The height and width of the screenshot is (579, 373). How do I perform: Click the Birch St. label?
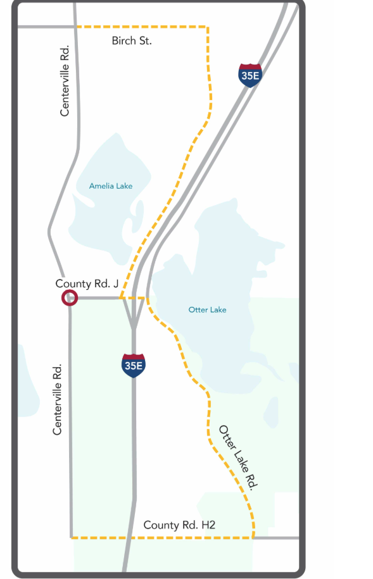pyautogui.click(x=132, y=41)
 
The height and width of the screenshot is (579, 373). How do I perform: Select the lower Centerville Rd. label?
pyautogui.click(x=58, y=399)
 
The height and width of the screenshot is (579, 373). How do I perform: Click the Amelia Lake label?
pyautogui.click(x=111, y=185)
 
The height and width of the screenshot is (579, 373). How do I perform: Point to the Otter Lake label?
pyautogui.click(x=207, y=309)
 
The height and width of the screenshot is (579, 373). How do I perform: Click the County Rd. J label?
pyautogui.click(x=87, y=284)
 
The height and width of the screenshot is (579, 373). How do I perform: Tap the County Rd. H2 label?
pyautogui.click(x=180, y=525)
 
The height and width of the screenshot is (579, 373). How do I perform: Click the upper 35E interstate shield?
pyautogui.click(x=250, y=75)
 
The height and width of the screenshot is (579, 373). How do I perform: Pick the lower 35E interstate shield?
pyautogui.click(x=134, y=365)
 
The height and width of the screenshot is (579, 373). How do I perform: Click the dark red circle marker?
pyautogui.click(x=69, y=298)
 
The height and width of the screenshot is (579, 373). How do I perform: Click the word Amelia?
pyautogui.click(x=100, y=185)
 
